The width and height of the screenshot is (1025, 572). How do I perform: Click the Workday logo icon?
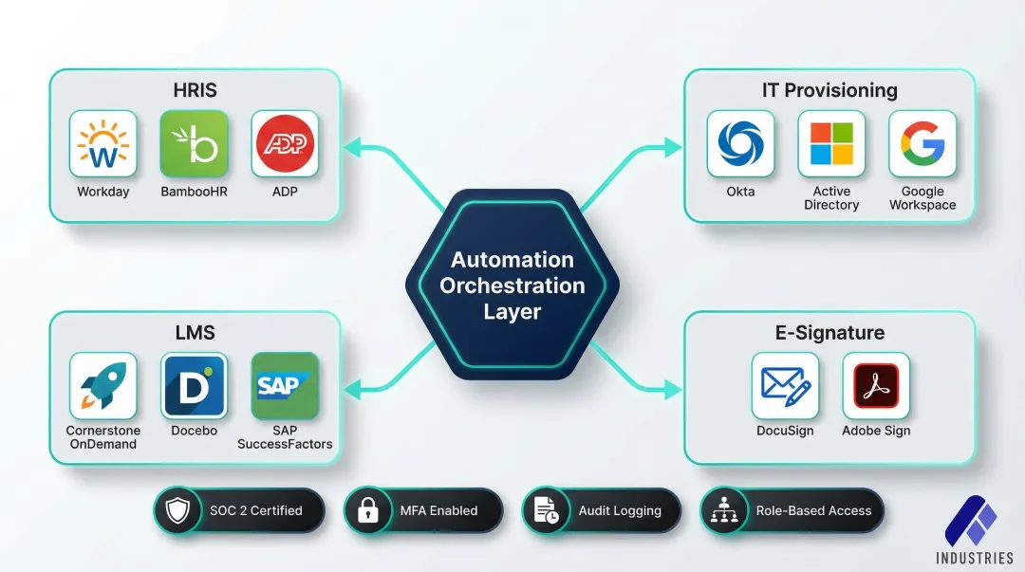(103, 144)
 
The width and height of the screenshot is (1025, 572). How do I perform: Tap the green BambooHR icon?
(195, 144)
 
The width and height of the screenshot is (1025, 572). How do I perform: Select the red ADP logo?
(286, 144)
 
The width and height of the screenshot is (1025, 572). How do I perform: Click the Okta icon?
(740, 144)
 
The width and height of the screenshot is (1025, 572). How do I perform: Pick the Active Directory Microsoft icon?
(831, 144)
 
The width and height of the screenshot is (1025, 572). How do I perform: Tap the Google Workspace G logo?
(922, 144)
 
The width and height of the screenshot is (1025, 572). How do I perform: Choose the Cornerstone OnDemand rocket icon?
(103, 386)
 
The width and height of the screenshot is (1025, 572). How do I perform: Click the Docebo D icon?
(195, 386)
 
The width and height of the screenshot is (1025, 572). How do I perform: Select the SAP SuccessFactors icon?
(286, 386)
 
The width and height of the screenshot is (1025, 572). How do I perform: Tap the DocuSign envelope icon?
(785, 386)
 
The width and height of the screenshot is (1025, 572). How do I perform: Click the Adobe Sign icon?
(876, 386)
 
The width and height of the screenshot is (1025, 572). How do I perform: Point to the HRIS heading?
(195, 91)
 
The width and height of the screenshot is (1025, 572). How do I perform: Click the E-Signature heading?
(829, 333)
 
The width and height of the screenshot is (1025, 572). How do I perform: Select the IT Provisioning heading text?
(829, 91)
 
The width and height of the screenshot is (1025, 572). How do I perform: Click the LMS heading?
(195, 333)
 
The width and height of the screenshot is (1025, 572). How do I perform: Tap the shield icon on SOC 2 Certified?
(177, 511)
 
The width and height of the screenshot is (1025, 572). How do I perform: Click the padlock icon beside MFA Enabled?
(367, 511)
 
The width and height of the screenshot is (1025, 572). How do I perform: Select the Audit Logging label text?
(620, 511)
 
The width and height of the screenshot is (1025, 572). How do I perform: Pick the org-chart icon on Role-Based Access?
(724, 511)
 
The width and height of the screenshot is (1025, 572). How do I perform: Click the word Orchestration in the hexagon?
(512, 286)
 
